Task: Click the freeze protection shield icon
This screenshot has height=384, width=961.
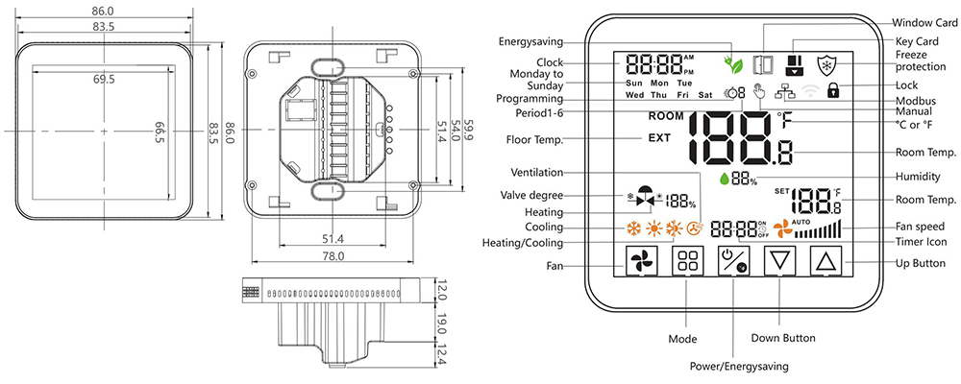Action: (x=826, y=63)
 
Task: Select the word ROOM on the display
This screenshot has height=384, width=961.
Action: (x=666, y=116)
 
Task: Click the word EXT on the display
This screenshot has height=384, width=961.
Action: (x=659, y=138)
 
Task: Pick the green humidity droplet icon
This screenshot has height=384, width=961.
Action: (x=724, y=179)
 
